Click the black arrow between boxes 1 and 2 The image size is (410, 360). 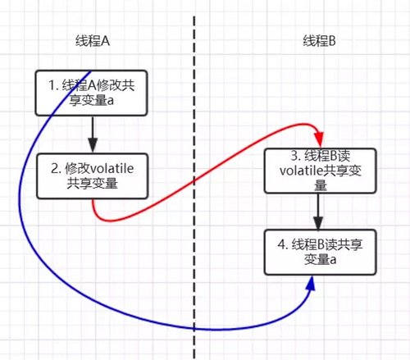click(x=93, y=133)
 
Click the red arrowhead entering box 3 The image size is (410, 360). click(x=316, y=141)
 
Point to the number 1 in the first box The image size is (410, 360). click(x=48, y=84)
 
